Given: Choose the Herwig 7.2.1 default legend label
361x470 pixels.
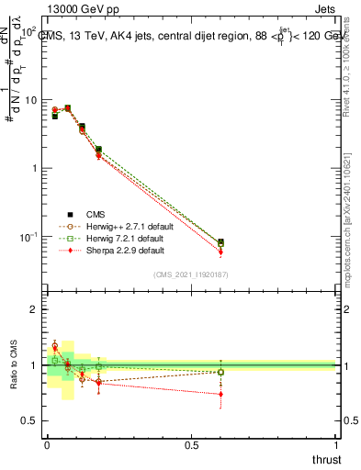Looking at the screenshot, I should pyautogui.click(x=125, y=237).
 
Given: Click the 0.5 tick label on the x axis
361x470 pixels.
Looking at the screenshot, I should pyautogui.click(x=191, y=443).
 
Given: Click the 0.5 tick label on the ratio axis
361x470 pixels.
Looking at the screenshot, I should pyautogui.click(x=28, y=420).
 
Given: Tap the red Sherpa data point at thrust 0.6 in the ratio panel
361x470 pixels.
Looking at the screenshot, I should pyautogui.click(x=220, y=394).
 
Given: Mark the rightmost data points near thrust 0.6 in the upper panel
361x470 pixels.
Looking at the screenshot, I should pyautogui.click(x=220, y=244).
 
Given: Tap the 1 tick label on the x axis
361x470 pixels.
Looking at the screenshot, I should pyautogui.click(x=336, y=443).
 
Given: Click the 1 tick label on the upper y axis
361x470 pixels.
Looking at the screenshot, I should pyautogui.click(x=32, y=168).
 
